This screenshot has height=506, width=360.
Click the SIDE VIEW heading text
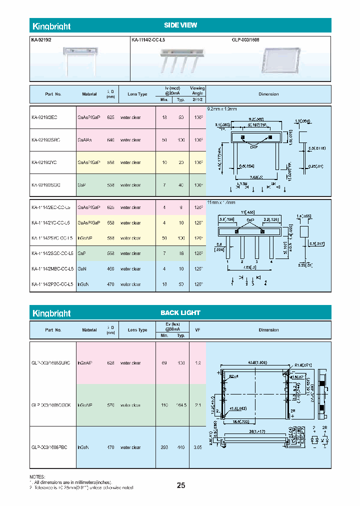180,25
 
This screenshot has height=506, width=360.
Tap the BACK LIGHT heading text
180,312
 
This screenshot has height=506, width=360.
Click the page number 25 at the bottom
181,485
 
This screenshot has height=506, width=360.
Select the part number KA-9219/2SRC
45,140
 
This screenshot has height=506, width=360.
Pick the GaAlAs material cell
86,140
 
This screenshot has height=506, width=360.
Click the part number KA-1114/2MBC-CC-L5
52,269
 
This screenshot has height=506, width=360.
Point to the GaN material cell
82,269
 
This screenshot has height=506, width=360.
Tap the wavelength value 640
110,140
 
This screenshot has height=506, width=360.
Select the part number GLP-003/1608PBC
48,447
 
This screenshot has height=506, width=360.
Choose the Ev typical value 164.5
180,405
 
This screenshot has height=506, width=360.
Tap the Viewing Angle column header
197,90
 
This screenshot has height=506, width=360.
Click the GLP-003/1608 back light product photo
281,61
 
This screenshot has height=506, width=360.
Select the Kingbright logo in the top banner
51,26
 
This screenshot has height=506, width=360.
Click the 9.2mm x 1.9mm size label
221,108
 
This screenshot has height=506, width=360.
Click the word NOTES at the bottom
37,477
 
